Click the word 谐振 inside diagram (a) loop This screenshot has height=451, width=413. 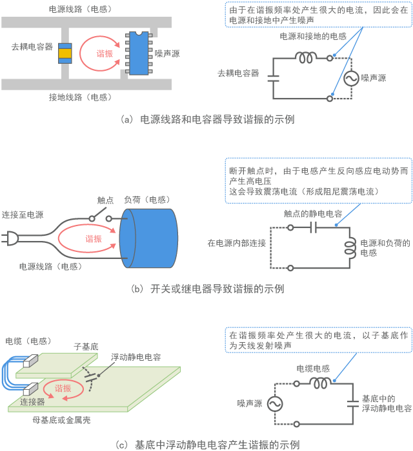(x=105, y=53)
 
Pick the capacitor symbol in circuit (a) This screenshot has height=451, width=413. (x=273, y=78)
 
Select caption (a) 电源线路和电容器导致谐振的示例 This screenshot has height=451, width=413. (x=207, y=119)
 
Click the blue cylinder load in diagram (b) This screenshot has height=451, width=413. (x=148, y=239)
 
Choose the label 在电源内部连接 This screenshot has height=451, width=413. (x=237, y=244)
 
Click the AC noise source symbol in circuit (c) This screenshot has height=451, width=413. (x=274, y=403)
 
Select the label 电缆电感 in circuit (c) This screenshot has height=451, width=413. (x=313, y=368)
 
